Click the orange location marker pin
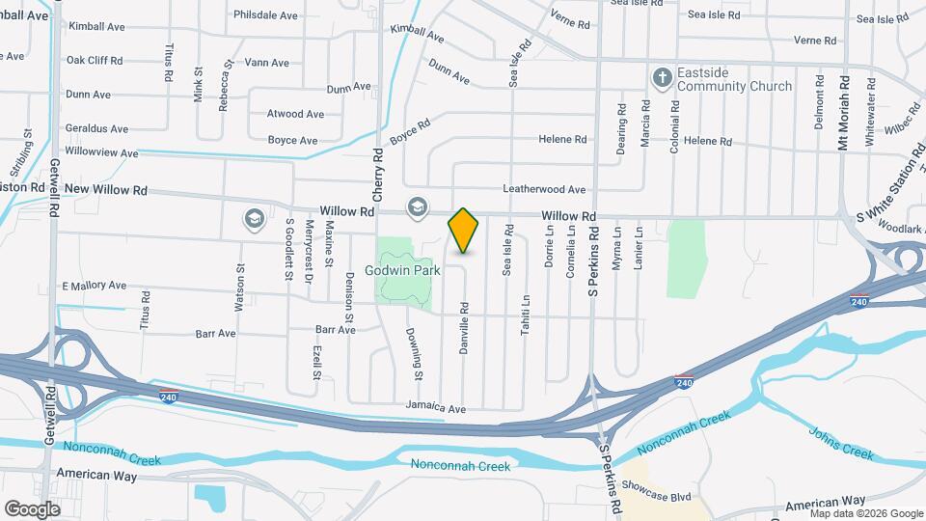[463, 231]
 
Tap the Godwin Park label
[402, 270]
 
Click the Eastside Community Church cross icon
[662, 76]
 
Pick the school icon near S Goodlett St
[255, 219]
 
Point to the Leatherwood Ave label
[543, 189]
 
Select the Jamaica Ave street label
[435, 406]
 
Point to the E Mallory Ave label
[95, 286]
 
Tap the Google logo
[32, 509]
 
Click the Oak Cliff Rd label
[94, 60]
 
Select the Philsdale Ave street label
[265, 15]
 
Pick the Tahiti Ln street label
[526, 313]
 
